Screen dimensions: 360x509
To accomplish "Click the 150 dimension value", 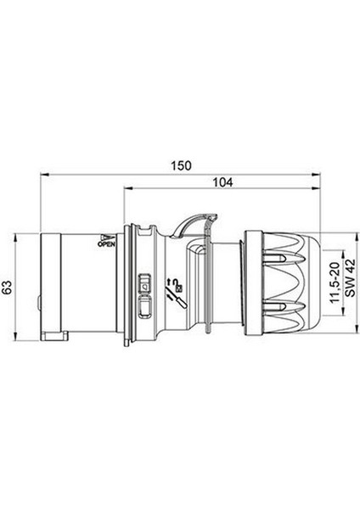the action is pos(182,165).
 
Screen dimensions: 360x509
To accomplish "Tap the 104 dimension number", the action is pos(222,182).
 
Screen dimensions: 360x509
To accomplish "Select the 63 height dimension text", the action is pos(7,287).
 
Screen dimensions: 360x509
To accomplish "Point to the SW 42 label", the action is pos(350,277).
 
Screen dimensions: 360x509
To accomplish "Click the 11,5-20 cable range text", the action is pos(335,282).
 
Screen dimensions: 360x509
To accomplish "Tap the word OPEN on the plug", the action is pos(107,244).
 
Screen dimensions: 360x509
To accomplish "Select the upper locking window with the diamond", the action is pos(144,283).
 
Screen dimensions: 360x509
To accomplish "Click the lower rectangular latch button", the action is pos(144,308).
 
